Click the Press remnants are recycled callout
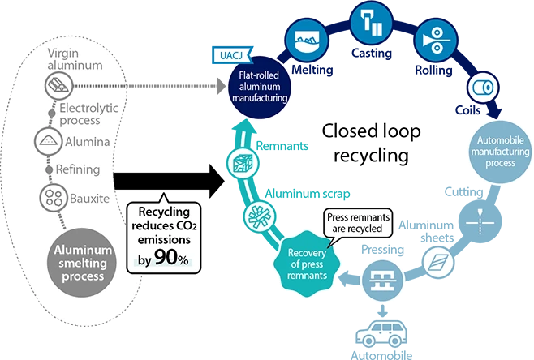tap(356, 224)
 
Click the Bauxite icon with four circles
tap(53, 197)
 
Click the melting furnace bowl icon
tap(306, 36)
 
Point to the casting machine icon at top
tap(371, 21)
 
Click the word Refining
tap(79, 169)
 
